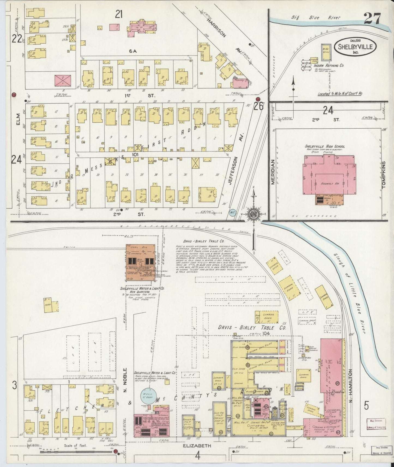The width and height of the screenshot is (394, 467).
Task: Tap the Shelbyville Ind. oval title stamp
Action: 356,47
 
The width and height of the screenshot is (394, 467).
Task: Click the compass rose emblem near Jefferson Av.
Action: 253,213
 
